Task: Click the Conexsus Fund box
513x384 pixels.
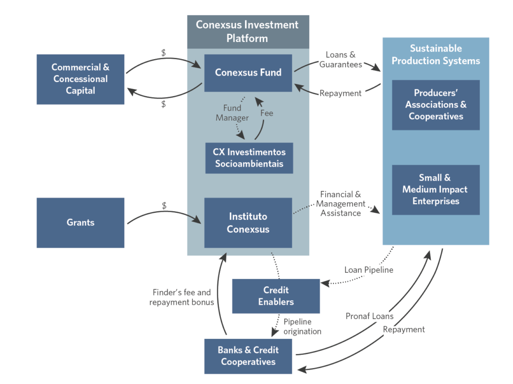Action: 248,73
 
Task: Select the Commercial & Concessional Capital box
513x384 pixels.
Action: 80,79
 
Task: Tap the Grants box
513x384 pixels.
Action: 80,222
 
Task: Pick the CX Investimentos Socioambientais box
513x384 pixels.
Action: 249,158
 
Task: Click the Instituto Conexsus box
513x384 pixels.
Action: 248,223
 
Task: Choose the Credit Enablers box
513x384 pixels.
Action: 276,296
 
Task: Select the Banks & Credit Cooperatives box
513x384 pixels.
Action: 248,356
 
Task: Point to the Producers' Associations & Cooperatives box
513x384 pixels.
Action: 435,105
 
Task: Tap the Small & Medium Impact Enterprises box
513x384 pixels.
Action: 435,189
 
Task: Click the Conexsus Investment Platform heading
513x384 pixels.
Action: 247,31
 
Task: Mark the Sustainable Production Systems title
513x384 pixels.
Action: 435,55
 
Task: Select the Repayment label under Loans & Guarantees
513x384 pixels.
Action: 340,93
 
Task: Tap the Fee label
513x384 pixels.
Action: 267,113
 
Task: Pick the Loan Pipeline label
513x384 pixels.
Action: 369,270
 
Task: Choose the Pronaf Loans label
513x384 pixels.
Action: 369,316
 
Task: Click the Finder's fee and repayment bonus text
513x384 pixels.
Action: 181,297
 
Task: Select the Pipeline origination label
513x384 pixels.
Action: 302,326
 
